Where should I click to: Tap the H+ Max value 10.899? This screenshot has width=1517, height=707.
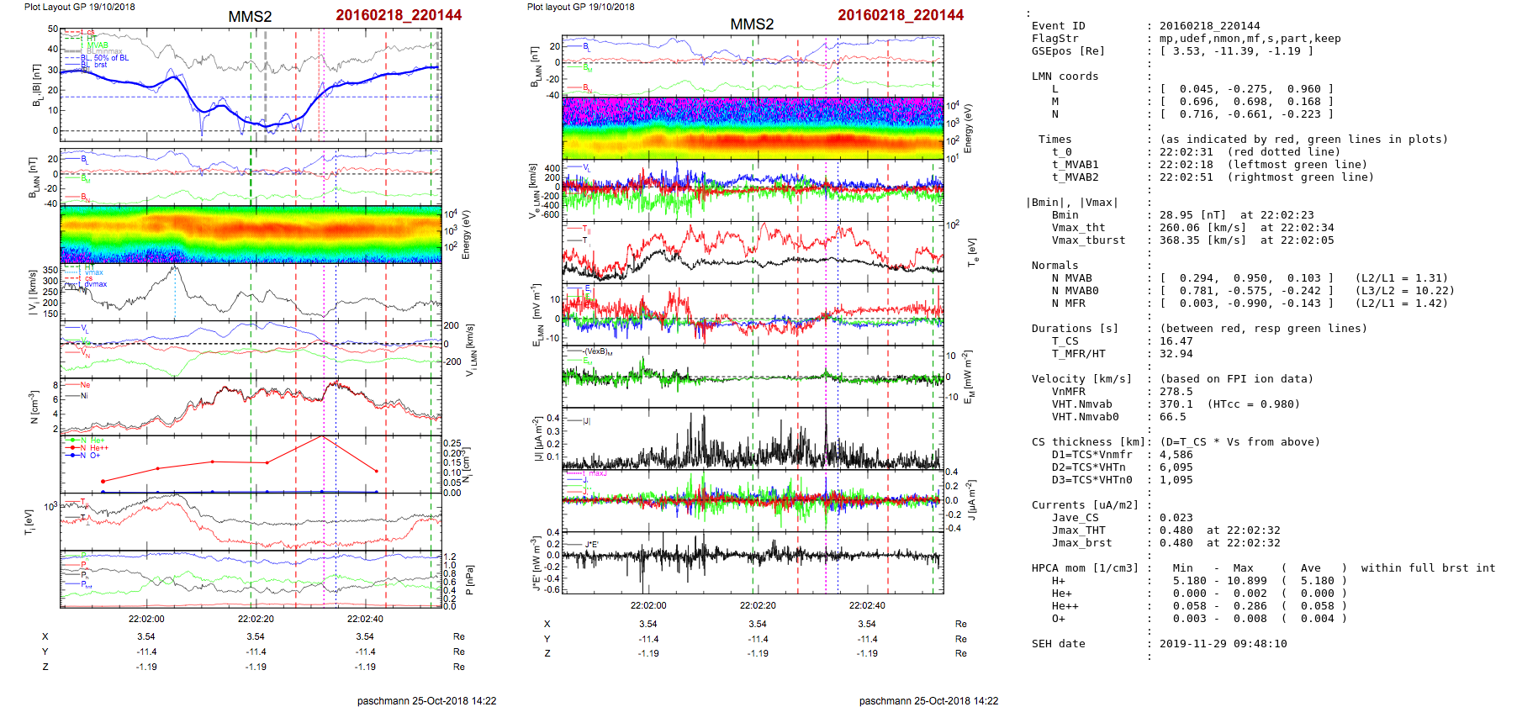tap(1243, 581)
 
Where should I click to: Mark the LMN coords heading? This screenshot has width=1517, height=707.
tap(1065, 77)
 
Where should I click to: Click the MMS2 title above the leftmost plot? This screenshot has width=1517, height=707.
tap(250, 17)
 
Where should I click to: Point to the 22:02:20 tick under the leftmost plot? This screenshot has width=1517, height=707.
tap(256, 619)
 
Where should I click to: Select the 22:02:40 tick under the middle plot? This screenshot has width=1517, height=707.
tap(867, 605)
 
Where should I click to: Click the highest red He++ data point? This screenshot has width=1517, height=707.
tap(323, 436)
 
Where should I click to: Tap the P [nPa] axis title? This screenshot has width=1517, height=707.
tap(468, 580)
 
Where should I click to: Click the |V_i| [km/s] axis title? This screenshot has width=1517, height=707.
tap(34, 293)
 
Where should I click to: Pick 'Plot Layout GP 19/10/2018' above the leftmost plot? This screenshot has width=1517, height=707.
tap(79, 7)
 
